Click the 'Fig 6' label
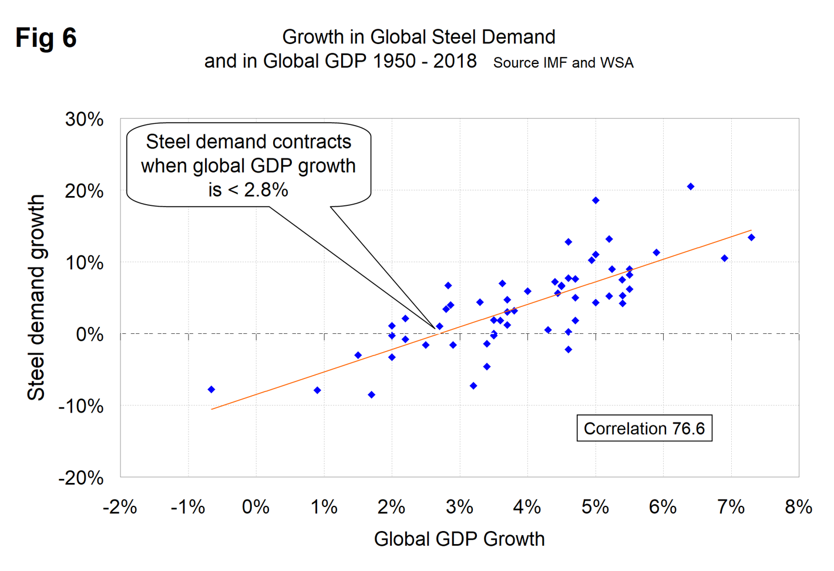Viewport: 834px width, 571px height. click(46, 38)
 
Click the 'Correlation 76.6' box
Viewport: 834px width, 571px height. click(644, 428)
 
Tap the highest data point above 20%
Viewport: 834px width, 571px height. click(691, 187)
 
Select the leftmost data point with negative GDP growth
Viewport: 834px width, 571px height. click(211, 390)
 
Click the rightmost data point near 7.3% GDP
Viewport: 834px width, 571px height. click(751, 238)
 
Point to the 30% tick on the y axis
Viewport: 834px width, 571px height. click(85, 119)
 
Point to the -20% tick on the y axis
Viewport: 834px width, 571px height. click(81, 478)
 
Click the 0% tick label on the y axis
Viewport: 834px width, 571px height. click(89, 334)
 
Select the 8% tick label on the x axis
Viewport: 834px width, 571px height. click(798, 506)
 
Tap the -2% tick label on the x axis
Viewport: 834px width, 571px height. click(120, 506)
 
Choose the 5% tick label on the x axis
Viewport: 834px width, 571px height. click(595, 506)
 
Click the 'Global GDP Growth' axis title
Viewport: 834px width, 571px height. click(459, 539)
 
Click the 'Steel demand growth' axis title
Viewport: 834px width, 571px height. click(36, 298)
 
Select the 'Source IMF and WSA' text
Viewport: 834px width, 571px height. click(563, 63)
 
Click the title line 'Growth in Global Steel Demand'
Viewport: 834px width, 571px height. click(419, 37)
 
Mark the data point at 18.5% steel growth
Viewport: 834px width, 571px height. click(596, 201)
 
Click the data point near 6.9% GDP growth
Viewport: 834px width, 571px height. click(724, 258)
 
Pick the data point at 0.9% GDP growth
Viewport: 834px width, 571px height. click(317, 390)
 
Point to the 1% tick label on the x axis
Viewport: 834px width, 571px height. click(324, 506)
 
